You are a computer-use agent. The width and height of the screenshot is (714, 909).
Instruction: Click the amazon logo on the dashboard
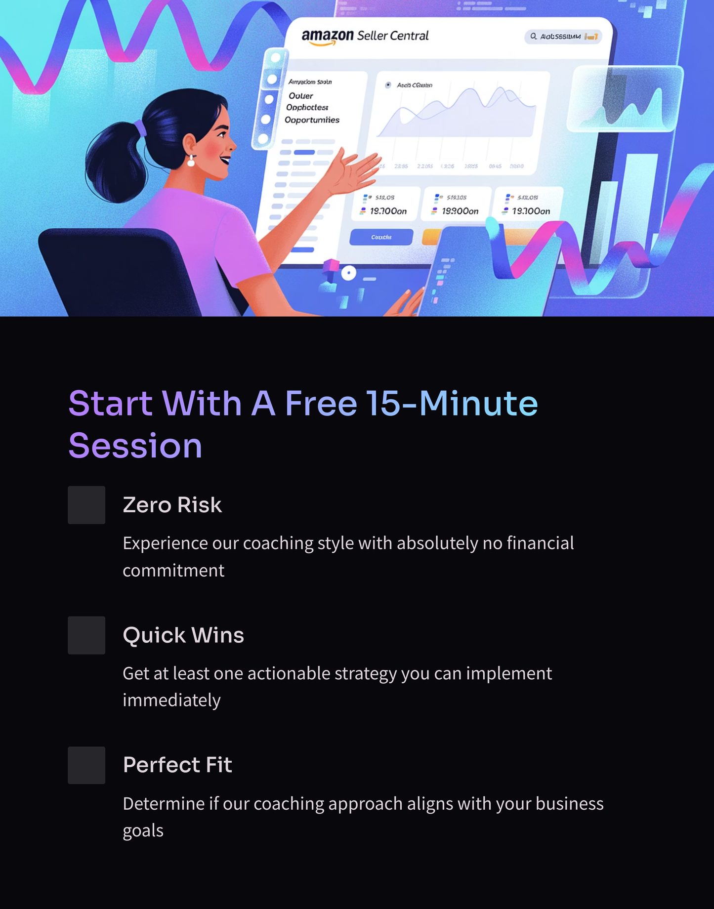tap(327, 37)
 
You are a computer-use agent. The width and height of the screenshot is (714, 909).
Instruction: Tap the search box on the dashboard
tap(563, 37)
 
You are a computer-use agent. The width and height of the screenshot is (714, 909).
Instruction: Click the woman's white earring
tap(191, 161)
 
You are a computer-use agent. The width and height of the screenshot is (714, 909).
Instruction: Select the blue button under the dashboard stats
tap(381, 237)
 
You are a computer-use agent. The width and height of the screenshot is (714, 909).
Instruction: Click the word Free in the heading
tap(321, 404)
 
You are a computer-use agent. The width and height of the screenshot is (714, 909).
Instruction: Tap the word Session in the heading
tap(135, 446)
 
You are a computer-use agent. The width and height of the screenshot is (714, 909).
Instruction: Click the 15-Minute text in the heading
tap(452, 404)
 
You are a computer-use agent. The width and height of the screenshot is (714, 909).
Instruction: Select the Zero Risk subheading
tap(172, 505)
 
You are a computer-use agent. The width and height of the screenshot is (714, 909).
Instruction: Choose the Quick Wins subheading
tap(183, 635)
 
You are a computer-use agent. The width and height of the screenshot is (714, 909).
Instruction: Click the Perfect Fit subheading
tap(177, 765)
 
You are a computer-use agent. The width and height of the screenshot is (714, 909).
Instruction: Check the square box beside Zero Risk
tap(86, 505)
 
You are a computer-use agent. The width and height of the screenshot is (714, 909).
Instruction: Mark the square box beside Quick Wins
tap(86, 635)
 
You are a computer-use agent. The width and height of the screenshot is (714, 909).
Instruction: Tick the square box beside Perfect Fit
tap(86, 765)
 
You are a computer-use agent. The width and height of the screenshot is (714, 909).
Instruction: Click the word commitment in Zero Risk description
tap(173, 571)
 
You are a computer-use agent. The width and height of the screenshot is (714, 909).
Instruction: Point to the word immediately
tap(171, 701)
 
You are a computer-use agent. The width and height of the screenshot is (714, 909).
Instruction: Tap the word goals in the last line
tap(143, 831)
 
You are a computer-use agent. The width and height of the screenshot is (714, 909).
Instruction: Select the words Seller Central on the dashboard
tap(393, 36)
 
